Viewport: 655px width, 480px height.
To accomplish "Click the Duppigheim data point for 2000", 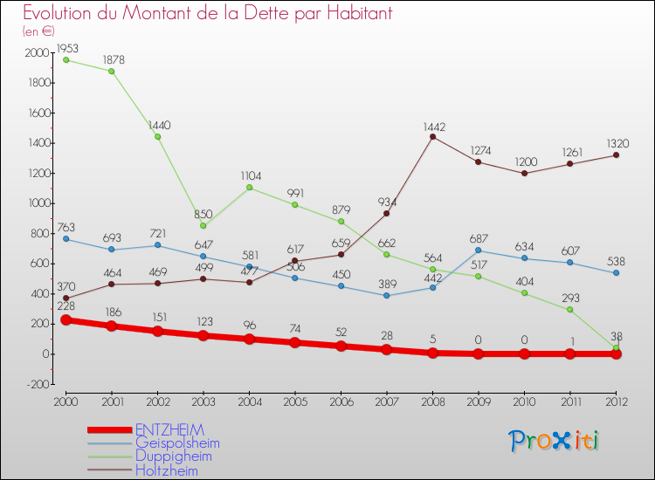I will coord(65,59).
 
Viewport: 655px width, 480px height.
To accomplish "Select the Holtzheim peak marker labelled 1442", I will coord(432,137).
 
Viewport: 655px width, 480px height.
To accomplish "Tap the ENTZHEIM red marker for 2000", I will coord(65,320).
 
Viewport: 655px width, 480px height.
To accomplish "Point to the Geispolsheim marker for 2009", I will coord(479,250).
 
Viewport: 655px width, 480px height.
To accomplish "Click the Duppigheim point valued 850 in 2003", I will coord(203,226).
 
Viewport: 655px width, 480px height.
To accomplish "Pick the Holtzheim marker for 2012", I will coord(616,155).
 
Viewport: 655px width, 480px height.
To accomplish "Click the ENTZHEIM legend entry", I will coord(169,430).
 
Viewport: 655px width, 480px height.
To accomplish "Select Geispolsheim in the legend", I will coord(177,443).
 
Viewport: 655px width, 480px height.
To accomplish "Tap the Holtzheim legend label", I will coord(166,470).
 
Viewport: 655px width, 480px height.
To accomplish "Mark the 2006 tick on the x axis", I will coord(341,401).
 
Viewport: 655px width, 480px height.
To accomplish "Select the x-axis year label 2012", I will coord(616,401).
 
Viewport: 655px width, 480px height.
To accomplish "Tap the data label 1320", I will coord(618,143).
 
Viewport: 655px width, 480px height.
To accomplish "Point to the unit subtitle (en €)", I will coord(39,31).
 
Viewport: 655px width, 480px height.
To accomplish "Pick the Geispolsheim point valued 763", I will coord(65,239).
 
